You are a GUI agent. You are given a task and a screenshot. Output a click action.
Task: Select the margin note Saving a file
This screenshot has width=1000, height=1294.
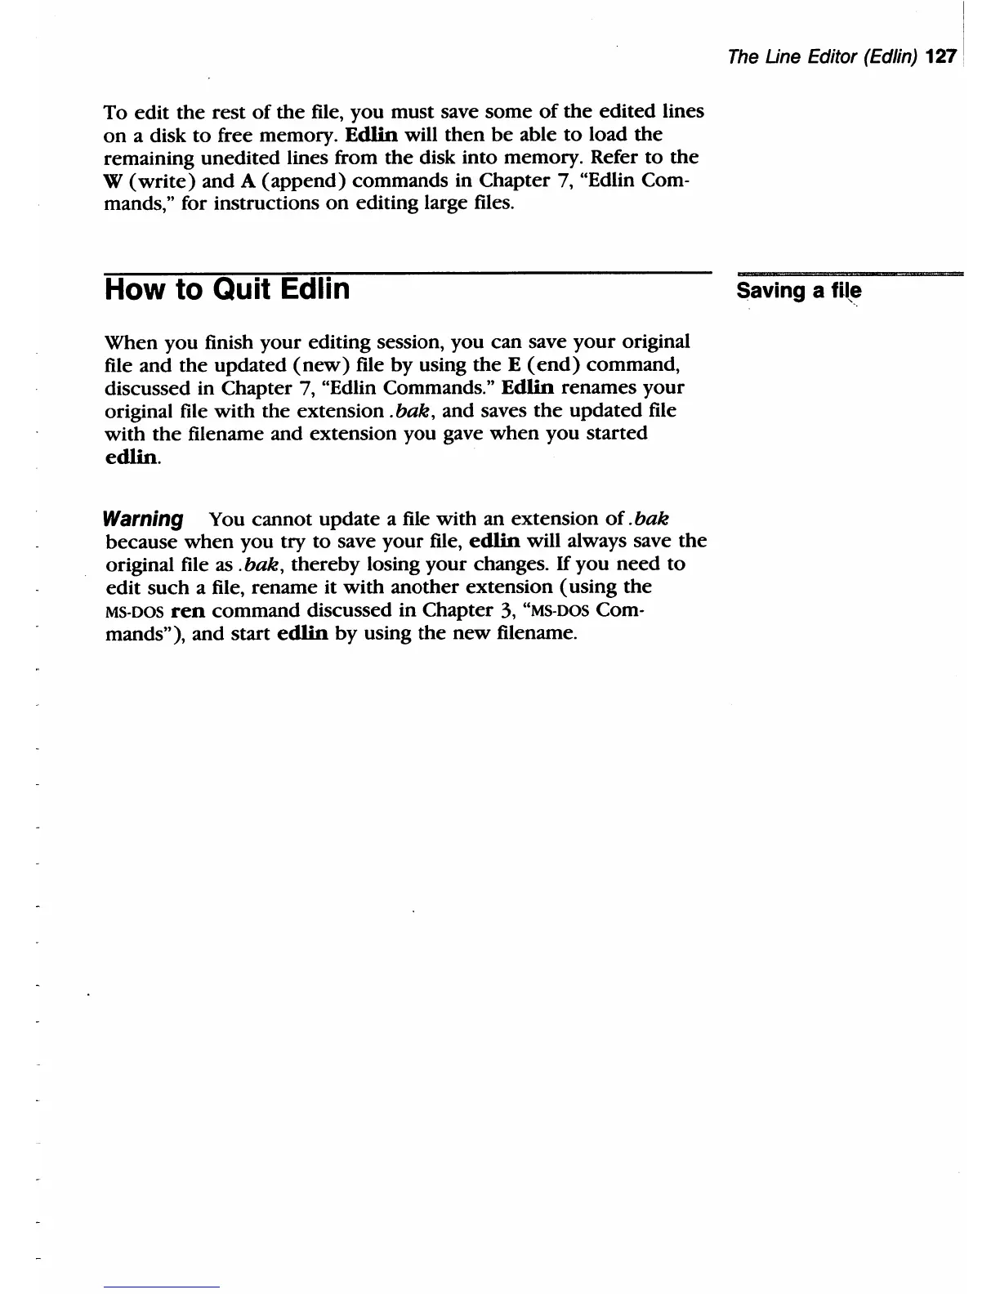coord(798,292)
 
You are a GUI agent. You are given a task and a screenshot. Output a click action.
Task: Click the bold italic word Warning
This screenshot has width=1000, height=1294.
coord(144,520)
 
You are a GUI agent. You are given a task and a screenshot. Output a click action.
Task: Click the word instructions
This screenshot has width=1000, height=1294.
coord(266,203)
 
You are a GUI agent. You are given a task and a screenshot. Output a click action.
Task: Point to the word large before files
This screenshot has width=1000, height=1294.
coord(446,203)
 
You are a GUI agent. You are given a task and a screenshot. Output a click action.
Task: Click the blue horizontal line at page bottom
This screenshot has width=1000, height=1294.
coord(163,1287)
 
